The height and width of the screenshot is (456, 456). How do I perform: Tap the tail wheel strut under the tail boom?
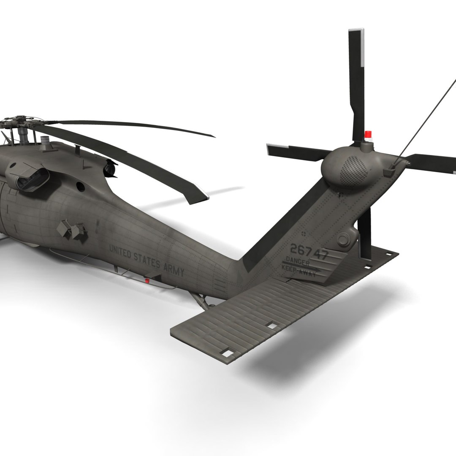click(x=201, y=300)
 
